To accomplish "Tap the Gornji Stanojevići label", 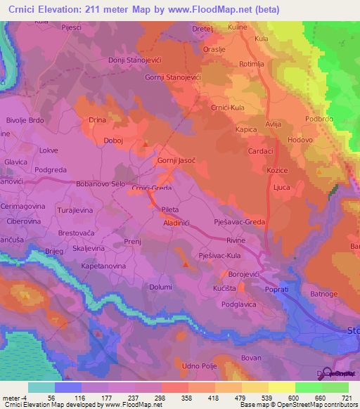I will (x=172, y=76).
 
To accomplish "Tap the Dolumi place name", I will (x=161, y=287).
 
